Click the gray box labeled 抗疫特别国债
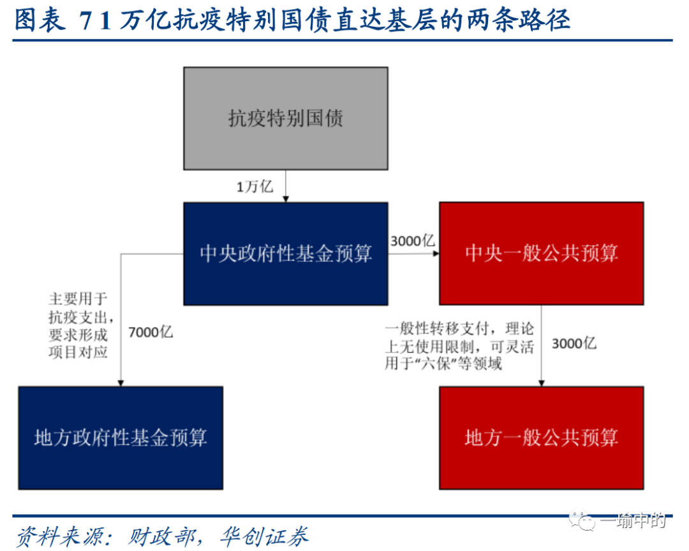point(285,118)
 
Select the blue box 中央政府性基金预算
point(285,253)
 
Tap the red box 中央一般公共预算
point(541,253)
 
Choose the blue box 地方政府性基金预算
point(121,437)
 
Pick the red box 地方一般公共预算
point(541,437)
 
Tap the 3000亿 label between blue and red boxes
point(412,241)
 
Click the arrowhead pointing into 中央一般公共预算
point(436,253)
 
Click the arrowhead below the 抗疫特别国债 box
point(285,199)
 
